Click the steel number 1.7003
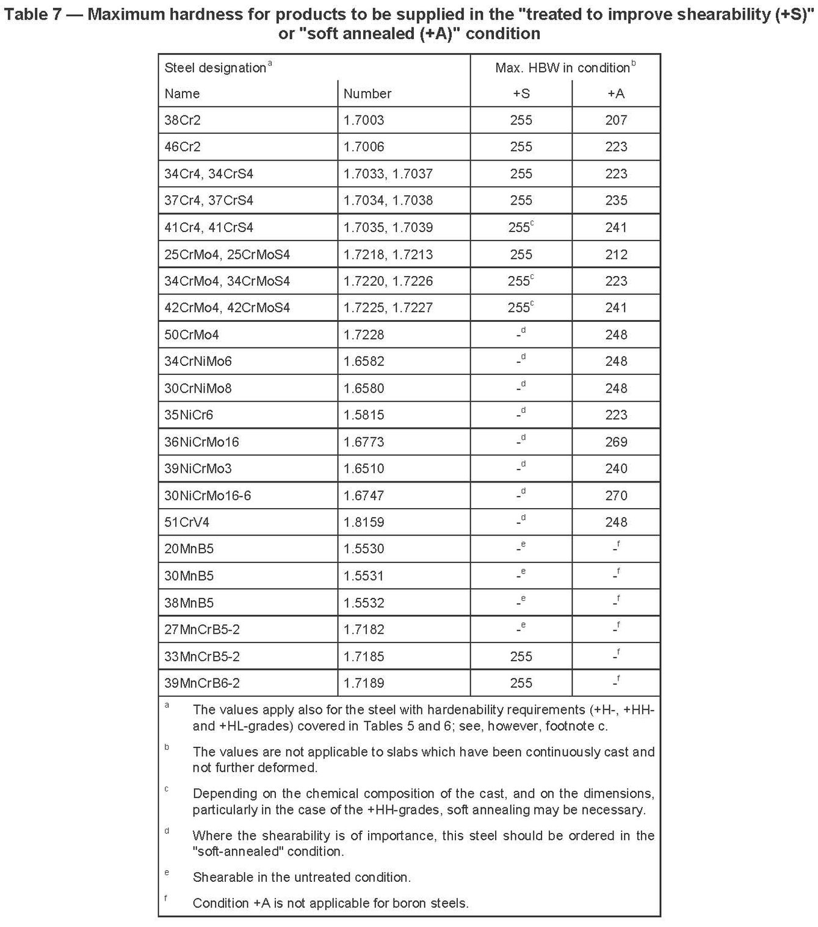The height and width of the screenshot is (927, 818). tap(364, 120)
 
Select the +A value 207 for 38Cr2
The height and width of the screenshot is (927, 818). tap(616, 120)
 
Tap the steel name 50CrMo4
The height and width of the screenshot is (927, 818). tap(191, 335)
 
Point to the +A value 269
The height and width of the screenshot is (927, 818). tap(616, 442)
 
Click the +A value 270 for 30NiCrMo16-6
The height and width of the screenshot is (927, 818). tap(616, 495)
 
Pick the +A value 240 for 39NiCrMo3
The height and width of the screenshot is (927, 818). tap(616, 468)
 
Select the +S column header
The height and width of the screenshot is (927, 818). tap(521, 93)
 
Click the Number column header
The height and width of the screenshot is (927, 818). tap(367, 93)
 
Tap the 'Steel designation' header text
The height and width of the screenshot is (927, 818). tap(215, 68)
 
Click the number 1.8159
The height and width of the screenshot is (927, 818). tap(364, 522)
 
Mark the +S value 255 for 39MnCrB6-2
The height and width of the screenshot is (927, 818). tap(521, 683)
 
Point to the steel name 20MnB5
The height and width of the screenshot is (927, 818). tap(189, 548)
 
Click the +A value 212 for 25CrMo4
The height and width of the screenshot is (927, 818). tap(616, 254)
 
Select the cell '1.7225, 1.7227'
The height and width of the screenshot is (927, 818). tap(388, 308)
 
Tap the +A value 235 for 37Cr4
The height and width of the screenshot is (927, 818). tap(616, 200)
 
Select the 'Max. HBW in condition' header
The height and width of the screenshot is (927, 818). tap(562, 68)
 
